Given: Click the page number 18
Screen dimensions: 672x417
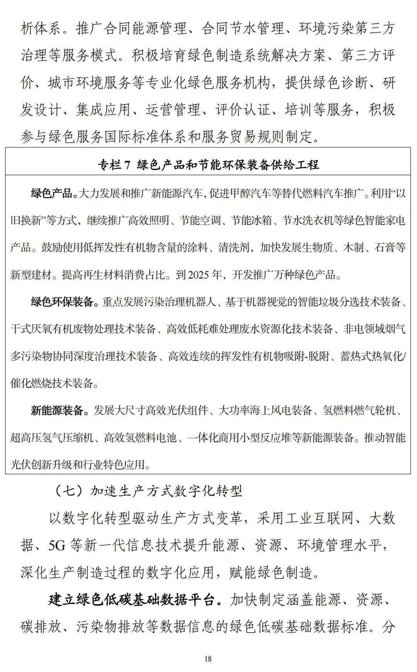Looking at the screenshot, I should [x=208, y=658].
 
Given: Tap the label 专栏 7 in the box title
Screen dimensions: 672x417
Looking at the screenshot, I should [x=114, y=165].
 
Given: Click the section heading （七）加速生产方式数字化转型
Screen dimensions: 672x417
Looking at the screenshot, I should [x=147, y=491].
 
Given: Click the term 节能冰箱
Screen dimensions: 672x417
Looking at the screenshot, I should [x=251, y=220].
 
